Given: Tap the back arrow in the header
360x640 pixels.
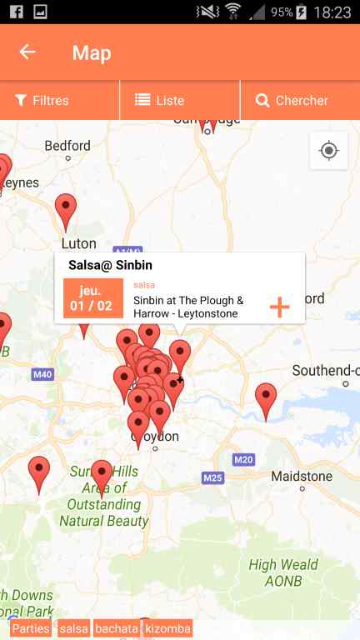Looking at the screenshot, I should tap(27, 52).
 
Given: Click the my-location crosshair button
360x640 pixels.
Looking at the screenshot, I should tap(328, 151).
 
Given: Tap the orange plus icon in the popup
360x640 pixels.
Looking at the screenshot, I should tap(279, 307).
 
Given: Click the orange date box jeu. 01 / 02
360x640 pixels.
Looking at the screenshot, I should tap(92, 298).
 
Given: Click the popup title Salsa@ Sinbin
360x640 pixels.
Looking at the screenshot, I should tap(110, 265).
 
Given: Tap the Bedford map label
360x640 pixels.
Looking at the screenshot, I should tap(67, 146).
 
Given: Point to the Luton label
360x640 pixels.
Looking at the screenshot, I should tap(78, 243).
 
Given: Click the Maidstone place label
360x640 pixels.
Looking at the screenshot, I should tap(302, 477).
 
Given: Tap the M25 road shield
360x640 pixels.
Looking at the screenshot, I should tap(212, 477).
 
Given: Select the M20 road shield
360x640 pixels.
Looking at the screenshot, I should tap(243, 459).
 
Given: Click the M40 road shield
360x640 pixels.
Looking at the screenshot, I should tap(42, 374).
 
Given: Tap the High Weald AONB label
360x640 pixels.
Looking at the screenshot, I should tap(283, 572).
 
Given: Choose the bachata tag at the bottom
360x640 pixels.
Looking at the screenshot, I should tap(117, 628).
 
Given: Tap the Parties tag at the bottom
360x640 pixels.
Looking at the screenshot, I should tap(31, 628).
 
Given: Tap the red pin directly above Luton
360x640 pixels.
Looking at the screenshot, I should tap(65, 209).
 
